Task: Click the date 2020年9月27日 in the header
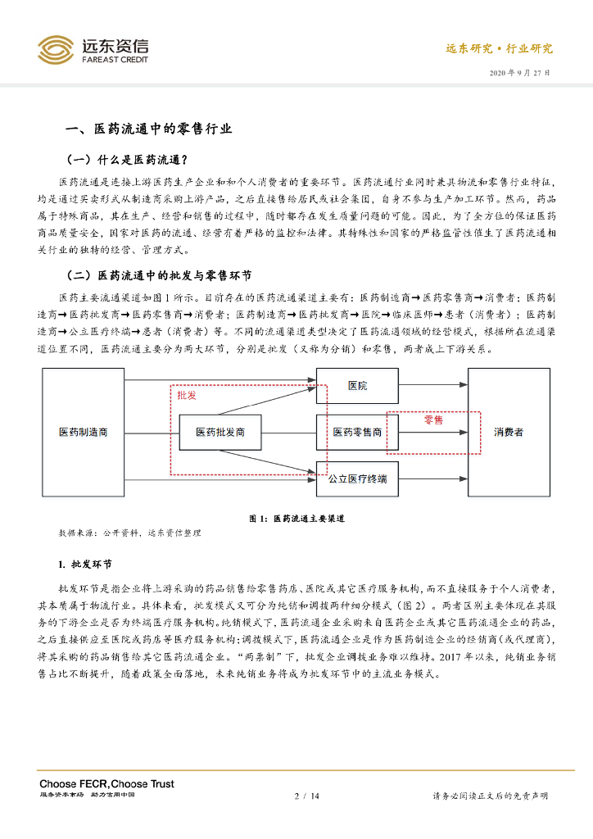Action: (520, 73)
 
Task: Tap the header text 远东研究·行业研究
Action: (499, 48)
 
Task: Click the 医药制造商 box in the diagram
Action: (83, 432)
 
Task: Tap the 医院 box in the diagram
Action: (358, 385)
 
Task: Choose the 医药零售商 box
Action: (358, 432)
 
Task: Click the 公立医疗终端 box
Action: (358, 478)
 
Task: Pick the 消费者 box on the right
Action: (509, 432)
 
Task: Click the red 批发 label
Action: (187, 395)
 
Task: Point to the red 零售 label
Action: (433, 419)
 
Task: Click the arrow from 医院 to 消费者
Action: (433, 385)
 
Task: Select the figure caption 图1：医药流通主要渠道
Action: (296, 519)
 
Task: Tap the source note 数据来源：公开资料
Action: (129, 533)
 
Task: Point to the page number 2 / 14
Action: (306, 796)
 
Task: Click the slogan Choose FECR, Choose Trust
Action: (106, 784)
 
